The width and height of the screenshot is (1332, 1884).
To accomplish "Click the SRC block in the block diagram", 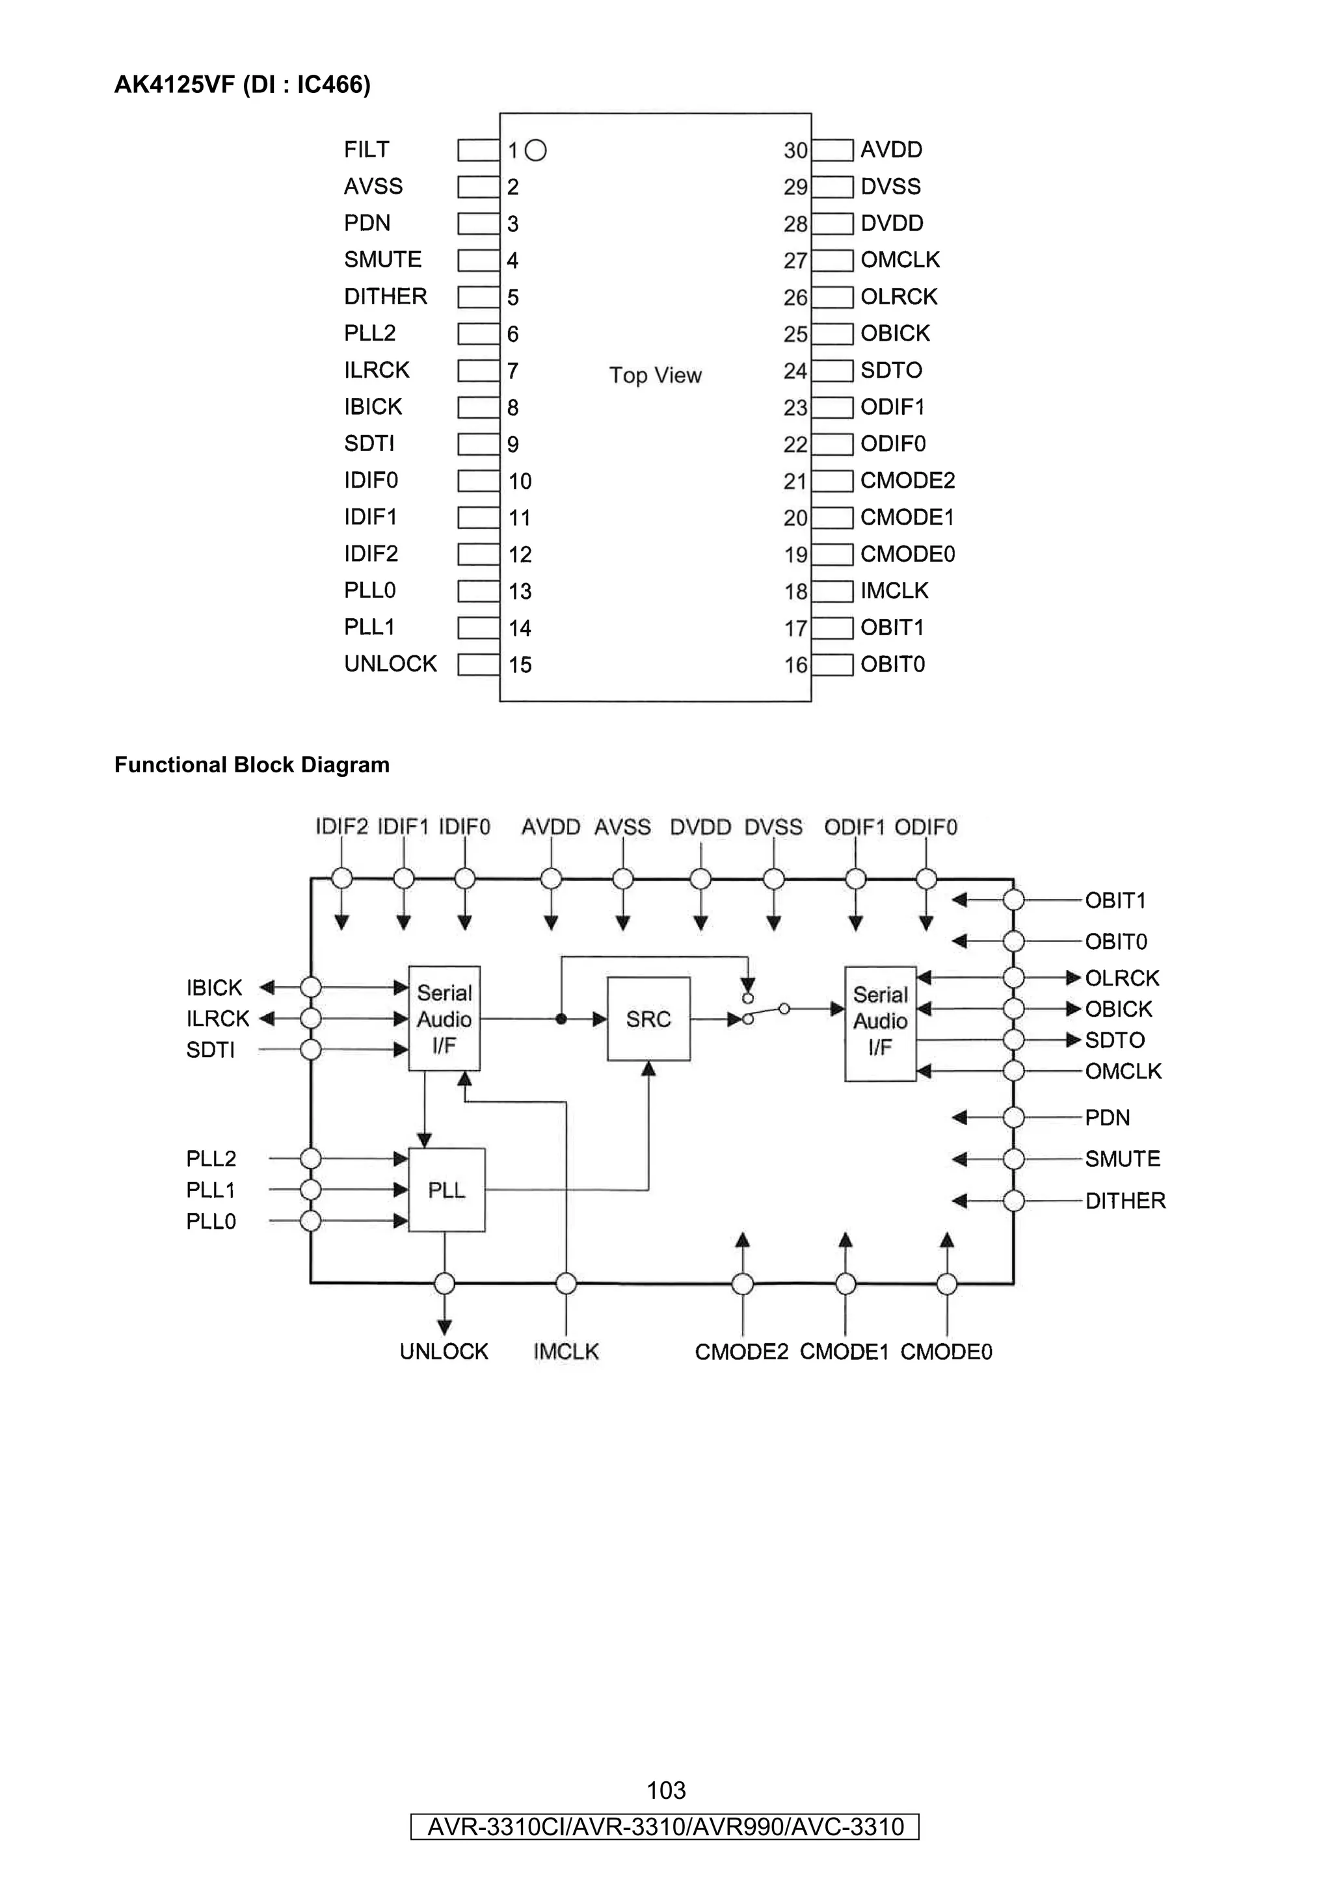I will click(x=648, y=1019).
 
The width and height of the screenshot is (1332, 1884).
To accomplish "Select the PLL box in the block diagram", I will click(x=446, y=1190).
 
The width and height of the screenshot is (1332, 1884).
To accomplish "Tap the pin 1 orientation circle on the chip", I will click(x=535, y=150).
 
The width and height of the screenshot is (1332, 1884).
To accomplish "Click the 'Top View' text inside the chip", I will click(x=655, y=375).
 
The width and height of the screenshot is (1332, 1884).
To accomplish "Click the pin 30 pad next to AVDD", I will click(x=832, y=150).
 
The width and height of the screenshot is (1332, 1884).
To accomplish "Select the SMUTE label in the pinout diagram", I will click(x=382, y=259).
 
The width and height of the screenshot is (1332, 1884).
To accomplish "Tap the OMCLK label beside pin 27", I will click(x=899, y=259).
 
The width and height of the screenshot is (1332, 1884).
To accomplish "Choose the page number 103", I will click(x=665, y=1790).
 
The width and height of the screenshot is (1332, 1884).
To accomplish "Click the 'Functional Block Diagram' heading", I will click(x=252, y=765).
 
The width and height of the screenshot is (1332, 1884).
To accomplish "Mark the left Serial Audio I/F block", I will click(x=444, y=1018).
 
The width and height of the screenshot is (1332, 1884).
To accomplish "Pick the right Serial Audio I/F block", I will click(x=880, y=1023).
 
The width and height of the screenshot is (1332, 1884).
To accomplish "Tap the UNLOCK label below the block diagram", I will click(x=444, y=1352).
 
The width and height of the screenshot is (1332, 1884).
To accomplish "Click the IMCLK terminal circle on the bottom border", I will click(x=565, y=1283).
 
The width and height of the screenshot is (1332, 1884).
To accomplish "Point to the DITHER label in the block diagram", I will click(x=1125, y=1201).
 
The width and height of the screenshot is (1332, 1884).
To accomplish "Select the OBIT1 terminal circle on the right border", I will click(x=1013, y=900).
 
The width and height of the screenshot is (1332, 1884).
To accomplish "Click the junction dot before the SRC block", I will click(x=561, y=1019).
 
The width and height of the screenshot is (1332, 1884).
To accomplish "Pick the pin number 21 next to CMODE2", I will click(x=794, y=481).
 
